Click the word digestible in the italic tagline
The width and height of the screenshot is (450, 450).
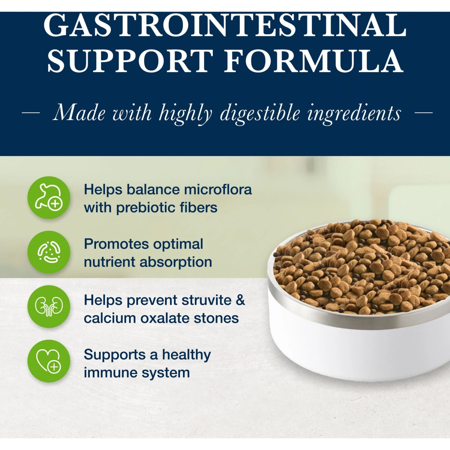(260, 113)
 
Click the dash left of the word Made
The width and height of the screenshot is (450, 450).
(31, 113)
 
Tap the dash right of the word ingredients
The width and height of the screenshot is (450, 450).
(423, 113)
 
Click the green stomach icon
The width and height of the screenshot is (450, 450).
(49, 197)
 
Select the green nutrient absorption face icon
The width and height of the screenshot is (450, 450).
(49, 252)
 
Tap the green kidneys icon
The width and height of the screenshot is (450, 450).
(49, 306)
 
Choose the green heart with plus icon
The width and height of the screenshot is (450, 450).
(49, 361)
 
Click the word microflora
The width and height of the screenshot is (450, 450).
(218, 190)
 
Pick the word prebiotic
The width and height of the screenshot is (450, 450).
(146, 208)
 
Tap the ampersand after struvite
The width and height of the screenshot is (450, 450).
(240, 300)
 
